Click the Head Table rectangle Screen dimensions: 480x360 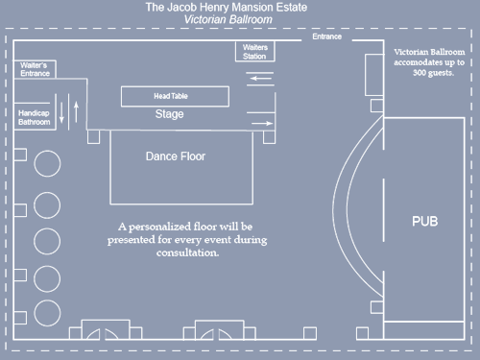[175, 96]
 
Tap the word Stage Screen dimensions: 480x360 [169, 114]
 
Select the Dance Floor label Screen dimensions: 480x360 [175, 156]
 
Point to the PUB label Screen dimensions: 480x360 [424, 222]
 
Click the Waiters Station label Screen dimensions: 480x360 [254, 52]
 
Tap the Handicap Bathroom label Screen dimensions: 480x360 [36, 118]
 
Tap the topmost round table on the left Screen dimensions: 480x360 [47, 162]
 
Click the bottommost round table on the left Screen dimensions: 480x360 [47, 312]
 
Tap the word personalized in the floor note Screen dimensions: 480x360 [166, 227]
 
